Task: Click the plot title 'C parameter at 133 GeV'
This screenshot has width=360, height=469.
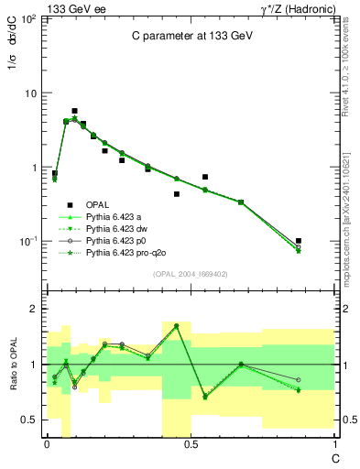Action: (191, 36)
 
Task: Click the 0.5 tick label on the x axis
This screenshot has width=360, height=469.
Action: (191, 444)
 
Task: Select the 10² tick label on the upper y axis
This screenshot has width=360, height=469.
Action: (29, 19)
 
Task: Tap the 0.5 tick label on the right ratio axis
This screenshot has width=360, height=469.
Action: (345, 420)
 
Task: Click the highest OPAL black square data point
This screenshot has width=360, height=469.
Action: (74, 111)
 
